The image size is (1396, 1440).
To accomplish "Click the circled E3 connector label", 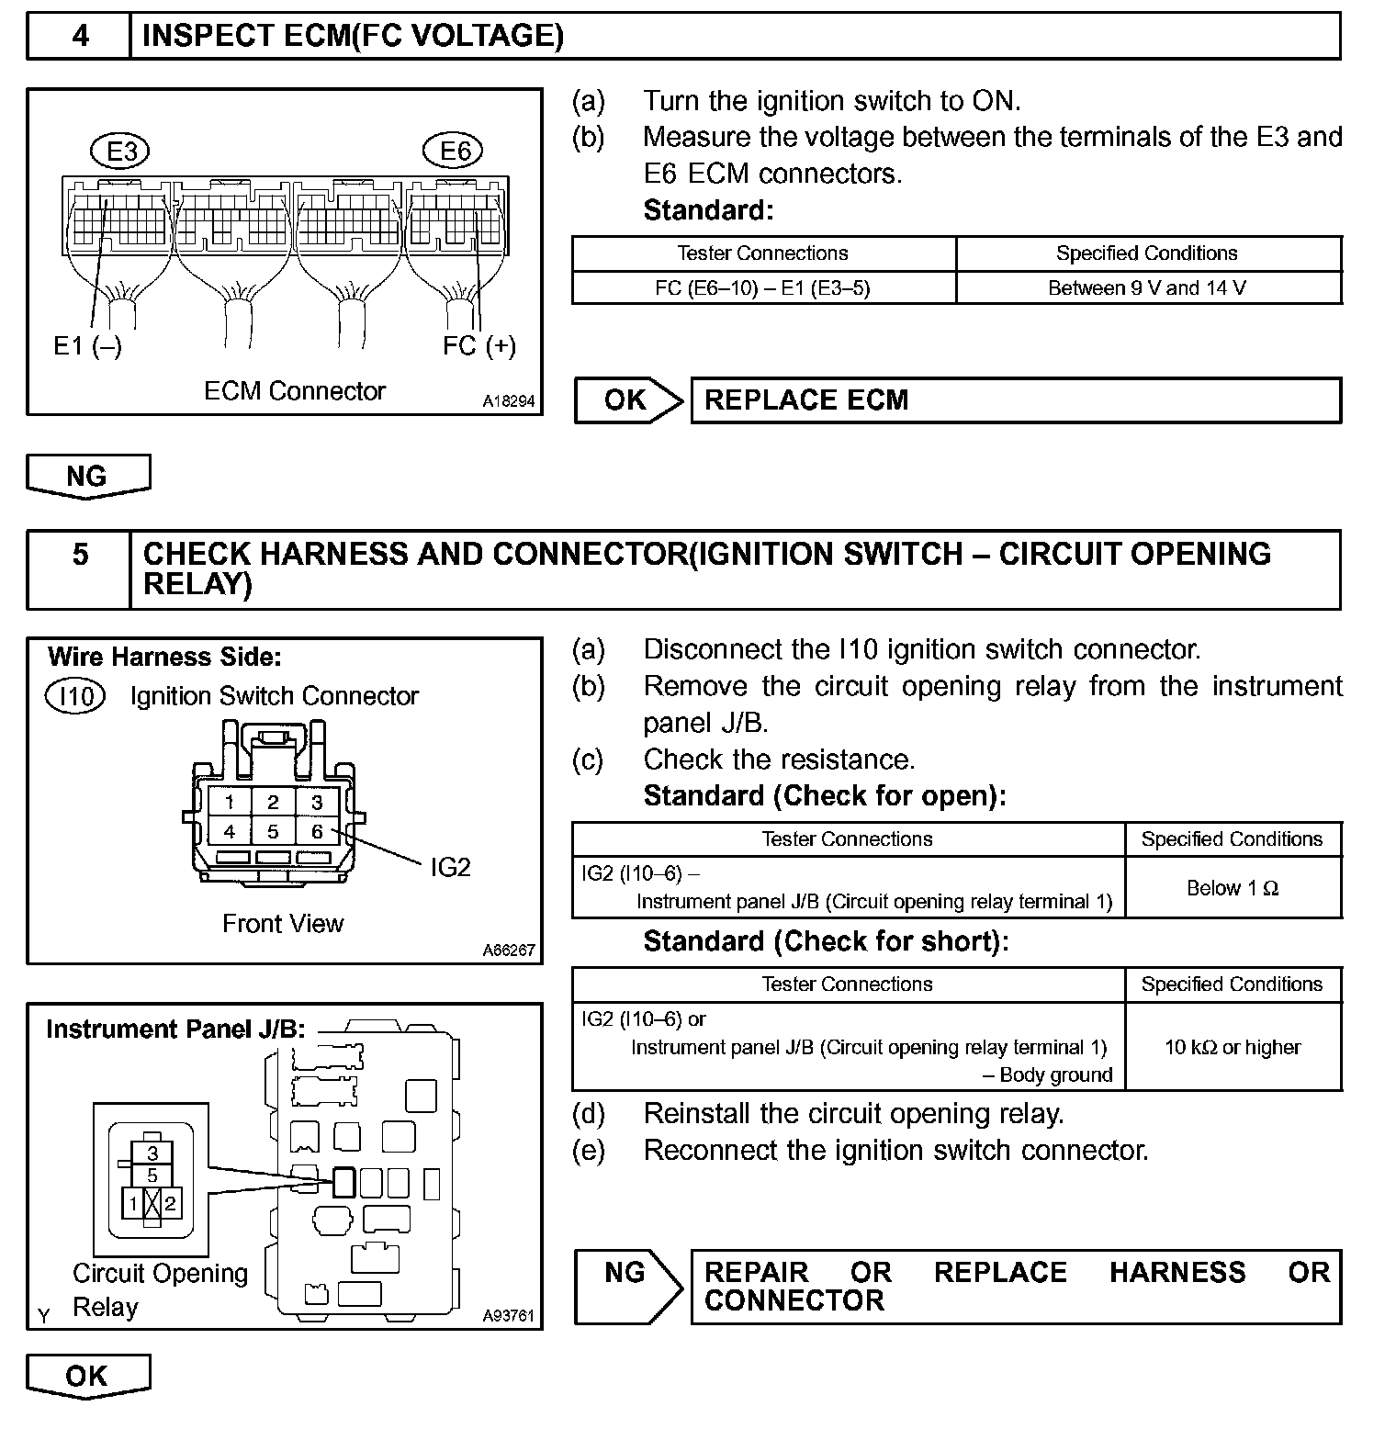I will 121,151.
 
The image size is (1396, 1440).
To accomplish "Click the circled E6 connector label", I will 454,151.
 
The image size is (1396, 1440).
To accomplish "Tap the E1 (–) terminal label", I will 87,346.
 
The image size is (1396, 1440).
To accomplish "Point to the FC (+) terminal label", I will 478,346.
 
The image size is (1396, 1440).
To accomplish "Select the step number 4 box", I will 80,36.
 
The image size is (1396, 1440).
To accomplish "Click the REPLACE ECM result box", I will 1015,400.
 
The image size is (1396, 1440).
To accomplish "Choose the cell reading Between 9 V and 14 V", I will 1147,288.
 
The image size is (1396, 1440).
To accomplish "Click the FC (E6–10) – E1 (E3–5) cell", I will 762,288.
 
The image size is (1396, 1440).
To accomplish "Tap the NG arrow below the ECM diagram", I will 87,477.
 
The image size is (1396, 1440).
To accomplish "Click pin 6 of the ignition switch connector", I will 317,832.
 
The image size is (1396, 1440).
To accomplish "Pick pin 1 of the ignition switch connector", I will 230,803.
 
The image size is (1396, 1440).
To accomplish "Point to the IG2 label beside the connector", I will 450,868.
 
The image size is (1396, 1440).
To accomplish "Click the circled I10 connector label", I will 75,696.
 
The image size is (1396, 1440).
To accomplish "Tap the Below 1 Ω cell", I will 1233,888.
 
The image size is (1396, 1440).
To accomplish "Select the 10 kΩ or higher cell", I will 1233,1047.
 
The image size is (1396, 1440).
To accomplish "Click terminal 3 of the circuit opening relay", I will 152,1153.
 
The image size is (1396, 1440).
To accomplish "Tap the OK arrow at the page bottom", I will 87,1376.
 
